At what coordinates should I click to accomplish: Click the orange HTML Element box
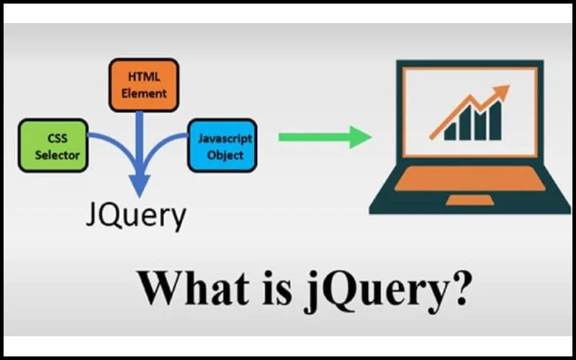(144, 85)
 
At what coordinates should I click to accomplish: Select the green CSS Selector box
(53, 145)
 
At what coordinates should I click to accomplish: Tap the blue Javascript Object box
(222, 145)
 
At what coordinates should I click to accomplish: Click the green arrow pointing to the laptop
(325, 137)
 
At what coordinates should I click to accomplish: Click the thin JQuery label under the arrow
(136, 217)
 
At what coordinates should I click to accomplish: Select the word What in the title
(193, 289)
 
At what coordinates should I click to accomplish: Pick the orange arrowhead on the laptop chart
(500, 92)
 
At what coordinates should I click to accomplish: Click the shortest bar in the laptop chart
(450, 132)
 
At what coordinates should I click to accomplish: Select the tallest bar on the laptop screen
(495, 121)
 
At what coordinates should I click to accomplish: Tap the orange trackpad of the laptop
(469, 200)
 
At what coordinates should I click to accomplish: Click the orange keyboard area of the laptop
(470, 179)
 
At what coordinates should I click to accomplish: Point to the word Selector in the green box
(58, 155)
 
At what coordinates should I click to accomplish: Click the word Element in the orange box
(144, 94)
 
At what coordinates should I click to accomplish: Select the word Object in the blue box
(225, 155)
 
